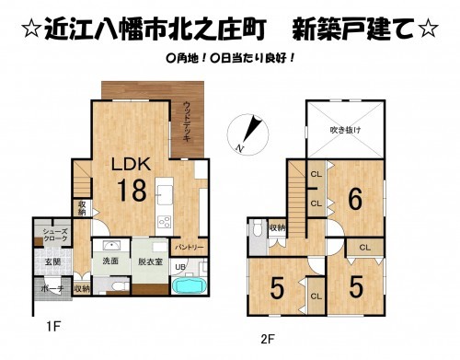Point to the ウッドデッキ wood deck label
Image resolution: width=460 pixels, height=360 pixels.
[187, 120]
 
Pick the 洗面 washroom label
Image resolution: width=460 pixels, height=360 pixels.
[110, 261]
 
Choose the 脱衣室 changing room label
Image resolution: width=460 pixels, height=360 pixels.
[149, 261]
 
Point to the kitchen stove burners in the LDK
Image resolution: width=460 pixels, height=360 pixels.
[166, 221]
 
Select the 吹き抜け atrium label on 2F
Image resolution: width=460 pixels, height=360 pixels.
[346, 131]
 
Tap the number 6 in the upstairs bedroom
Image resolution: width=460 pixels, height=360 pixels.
[353, 196]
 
